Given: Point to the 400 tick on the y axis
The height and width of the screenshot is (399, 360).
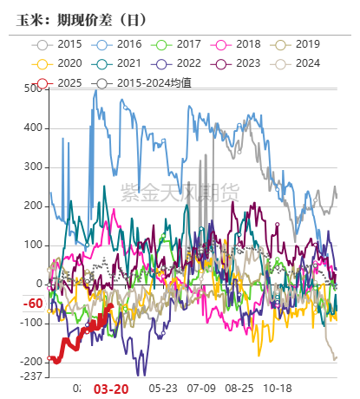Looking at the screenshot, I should point(33,128).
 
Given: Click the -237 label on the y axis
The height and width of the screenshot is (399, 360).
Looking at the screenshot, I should point(31,376).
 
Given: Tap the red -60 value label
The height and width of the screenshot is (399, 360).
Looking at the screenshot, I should point(33,304).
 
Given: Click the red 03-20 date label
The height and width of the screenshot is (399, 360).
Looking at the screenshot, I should point(110,389).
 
